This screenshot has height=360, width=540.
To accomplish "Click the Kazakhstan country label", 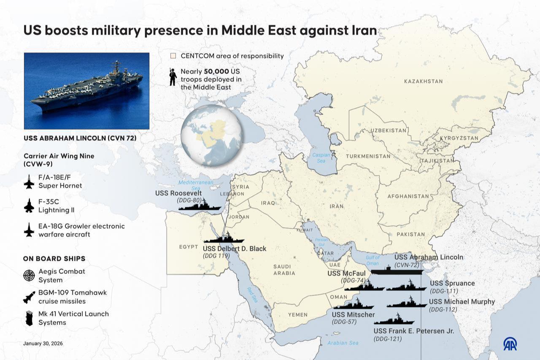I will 423,81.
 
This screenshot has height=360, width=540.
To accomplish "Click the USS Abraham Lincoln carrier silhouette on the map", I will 396,271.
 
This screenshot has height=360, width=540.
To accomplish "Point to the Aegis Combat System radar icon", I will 29,276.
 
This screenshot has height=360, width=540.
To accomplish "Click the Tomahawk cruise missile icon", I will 29,297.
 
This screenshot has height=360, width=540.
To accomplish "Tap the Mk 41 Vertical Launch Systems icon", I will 29,318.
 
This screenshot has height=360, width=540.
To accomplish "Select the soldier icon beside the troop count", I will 173,77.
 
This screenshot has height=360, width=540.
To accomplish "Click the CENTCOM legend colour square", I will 173,56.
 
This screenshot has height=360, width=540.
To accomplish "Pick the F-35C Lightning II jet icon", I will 29,206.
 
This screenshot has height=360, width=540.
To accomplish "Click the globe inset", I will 211,135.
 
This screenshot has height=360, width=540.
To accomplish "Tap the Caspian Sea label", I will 321,158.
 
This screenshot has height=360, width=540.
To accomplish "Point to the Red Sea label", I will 252,295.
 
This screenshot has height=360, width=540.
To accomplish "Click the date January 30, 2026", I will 43,344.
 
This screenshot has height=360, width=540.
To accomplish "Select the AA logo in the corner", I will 510,344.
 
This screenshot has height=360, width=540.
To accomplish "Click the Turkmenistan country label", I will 368,156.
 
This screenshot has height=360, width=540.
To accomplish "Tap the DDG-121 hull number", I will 388,338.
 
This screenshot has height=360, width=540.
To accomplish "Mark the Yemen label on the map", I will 298,315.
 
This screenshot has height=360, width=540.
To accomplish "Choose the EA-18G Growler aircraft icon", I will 29,230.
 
